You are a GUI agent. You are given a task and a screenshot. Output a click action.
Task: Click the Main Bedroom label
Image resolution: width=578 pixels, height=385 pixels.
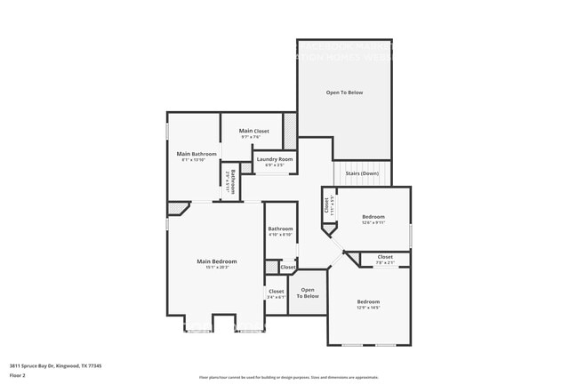(217, 261)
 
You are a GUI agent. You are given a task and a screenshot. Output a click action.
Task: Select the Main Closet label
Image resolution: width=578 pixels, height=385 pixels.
(253, 132)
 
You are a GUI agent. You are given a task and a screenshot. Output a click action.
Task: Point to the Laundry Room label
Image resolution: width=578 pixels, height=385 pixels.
(275, 159)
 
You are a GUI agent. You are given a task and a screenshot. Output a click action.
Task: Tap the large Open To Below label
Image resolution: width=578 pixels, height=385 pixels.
(344, 92)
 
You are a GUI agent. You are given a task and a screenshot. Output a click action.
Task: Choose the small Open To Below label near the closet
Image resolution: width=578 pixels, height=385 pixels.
(308, 293)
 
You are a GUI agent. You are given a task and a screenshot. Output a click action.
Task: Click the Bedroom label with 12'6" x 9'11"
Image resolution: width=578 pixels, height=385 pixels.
(373, 217)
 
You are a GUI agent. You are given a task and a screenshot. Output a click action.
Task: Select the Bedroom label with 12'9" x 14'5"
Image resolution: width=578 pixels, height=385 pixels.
(368, 301)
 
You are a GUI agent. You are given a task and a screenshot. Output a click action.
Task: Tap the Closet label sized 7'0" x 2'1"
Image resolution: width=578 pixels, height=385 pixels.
(384, 257)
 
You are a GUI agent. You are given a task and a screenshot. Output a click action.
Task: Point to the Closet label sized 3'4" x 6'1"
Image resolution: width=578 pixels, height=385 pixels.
(276, 291)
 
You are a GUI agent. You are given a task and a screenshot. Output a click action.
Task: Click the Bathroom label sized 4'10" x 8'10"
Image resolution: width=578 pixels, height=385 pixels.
(281, 229)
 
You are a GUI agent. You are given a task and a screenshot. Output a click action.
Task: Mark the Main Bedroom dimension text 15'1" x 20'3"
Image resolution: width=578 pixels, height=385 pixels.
(217, 268)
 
